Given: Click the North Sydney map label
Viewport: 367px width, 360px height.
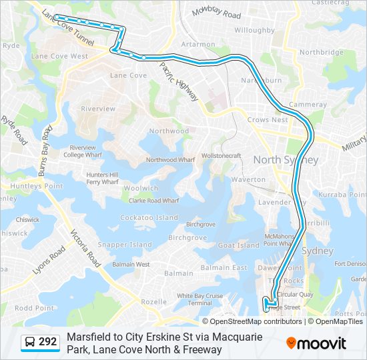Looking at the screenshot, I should point(286,160).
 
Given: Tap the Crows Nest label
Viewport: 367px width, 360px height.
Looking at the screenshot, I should point(267,120).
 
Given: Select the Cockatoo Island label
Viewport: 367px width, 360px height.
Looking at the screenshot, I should point(149,218).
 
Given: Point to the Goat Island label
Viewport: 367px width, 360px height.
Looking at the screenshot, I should point(238,245).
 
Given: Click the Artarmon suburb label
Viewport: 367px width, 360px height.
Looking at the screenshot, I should point(198,44).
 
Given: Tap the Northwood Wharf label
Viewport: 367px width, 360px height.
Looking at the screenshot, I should point(170,160).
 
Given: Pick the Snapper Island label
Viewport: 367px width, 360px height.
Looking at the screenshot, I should point(125,245).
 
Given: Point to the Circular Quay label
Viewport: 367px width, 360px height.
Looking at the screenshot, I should point(295,294).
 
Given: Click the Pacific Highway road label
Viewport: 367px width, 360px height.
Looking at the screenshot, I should point(179,82).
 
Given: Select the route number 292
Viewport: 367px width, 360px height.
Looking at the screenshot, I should point(47,342).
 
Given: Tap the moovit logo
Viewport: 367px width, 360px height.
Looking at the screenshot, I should point(316,343).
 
